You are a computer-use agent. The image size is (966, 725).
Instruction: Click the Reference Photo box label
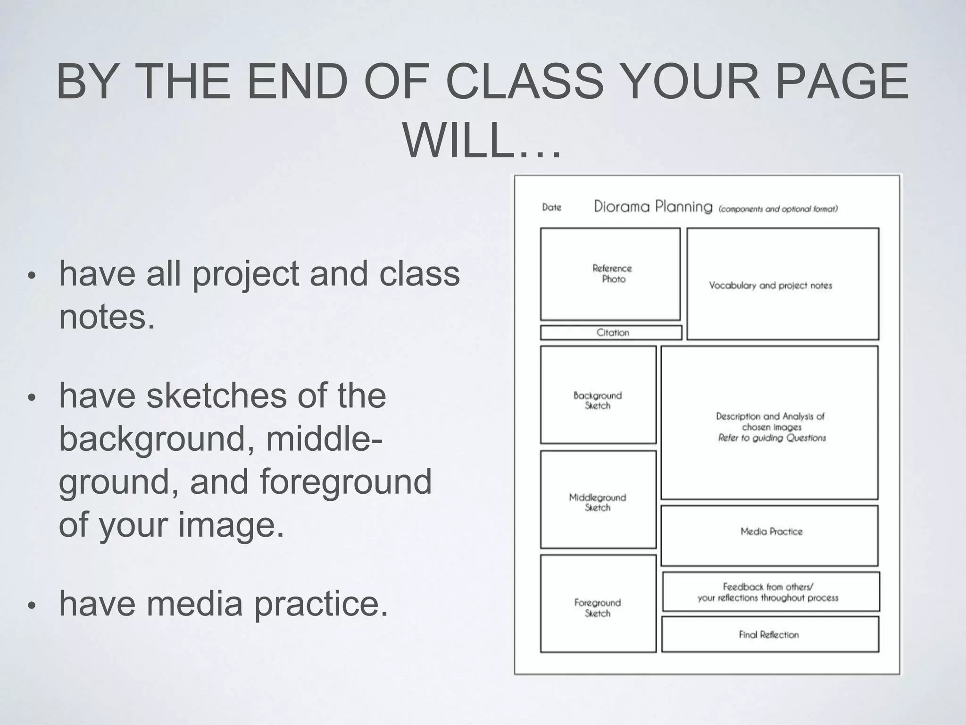612,274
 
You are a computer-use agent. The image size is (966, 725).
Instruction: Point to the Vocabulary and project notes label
770,286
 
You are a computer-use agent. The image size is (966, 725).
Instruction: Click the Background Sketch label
598,400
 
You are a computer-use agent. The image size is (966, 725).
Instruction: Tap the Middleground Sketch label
598,502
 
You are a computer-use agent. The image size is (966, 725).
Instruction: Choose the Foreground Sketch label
598,607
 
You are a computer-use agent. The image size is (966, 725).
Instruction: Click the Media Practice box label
771,531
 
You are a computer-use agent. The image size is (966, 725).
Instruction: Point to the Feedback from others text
768,587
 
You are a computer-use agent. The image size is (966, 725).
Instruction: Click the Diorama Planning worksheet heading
653,207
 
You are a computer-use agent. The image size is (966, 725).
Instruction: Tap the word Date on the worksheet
551,207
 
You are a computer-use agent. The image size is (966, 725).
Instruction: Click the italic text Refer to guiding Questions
772,438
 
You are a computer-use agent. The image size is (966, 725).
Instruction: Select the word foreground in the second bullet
345,482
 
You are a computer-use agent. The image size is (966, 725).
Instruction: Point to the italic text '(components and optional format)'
778,209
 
